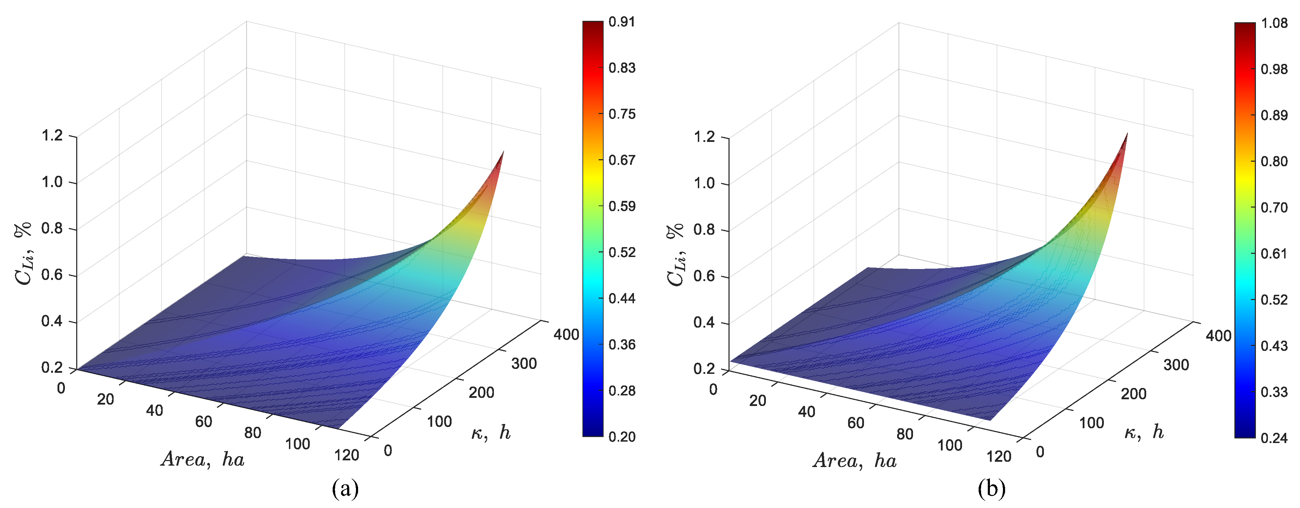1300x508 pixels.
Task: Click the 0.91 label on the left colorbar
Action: pyautogui.click(x=621, y=22)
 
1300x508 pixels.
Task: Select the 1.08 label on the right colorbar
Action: pyautogui.click(x=1274, y=23)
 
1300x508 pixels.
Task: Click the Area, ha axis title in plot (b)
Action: pyautogui.click(x=855, y=461)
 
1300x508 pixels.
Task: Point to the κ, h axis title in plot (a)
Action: pyautogui.click(x=490, y=433)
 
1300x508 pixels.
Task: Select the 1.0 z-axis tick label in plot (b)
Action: pyautogui.click(x=704, y=183)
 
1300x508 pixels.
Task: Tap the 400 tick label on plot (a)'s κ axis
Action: pyautogui.click(x=566, y=335)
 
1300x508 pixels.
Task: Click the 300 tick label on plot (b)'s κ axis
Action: pyautogui.click(x=1176, y=365)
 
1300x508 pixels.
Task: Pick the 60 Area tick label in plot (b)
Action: pyautogui.click(x=855, y=423)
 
